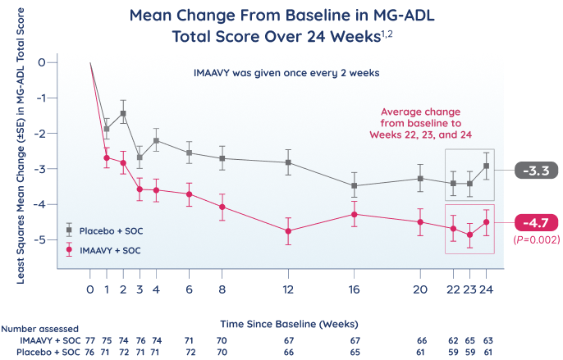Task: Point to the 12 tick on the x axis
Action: (288, 289)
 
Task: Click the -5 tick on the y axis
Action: (52, 240)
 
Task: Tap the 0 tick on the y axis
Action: (52, 62)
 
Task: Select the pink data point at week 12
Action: (288, 231)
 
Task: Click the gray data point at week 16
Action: (354, 186)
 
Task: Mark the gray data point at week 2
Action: (123, 113)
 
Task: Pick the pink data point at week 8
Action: (222, 207)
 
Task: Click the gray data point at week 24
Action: (487, 166)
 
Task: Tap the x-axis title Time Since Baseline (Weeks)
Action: (281, 323)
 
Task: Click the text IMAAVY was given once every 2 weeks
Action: (285, 73)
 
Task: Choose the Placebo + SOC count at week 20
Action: (421, 351)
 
